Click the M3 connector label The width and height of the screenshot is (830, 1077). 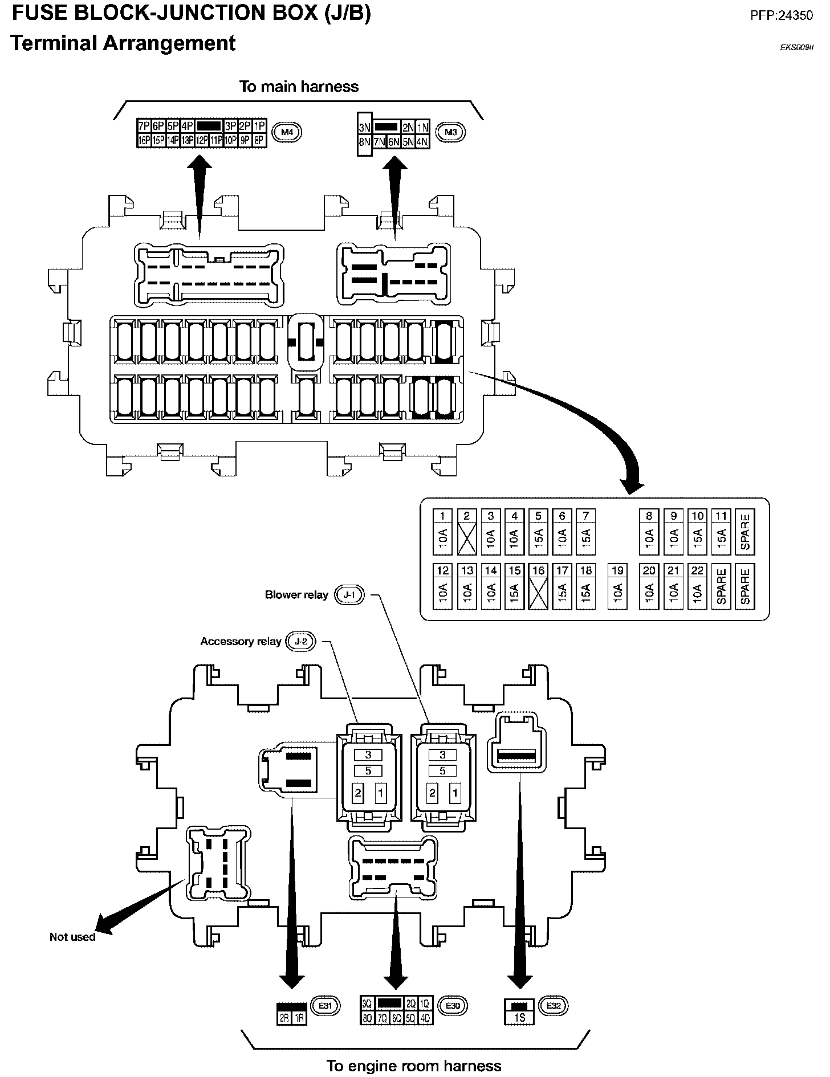tap(450, 133)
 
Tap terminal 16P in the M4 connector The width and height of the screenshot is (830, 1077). tap(144, 140)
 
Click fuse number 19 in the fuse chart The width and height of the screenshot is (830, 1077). tap(617, 586)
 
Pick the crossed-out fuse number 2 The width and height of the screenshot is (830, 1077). tap(466, 532)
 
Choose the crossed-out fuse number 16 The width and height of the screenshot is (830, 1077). tap(538, 586)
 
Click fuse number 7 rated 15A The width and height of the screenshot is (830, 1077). tap(585, 532)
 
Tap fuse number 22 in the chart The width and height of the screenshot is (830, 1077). tap(697, 586)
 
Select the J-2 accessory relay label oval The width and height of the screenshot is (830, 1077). tap(301, 642)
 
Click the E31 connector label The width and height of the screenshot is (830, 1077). tap(325, 1006)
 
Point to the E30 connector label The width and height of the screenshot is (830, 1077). tap(453, 1006)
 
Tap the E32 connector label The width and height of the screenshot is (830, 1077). tap(554, 1006)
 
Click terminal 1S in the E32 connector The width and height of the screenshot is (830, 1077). tap(519, 1018)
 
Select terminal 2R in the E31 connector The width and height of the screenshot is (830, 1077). tap(284, 1018)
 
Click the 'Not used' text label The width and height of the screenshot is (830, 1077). tap(72, 937)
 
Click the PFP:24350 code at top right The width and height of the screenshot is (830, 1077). tap(782, 16)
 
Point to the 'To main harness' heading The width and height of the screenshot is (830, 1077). tap(299, 87)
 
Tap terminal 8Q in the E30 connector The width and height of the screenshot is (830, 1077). tap(368, 1018)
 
